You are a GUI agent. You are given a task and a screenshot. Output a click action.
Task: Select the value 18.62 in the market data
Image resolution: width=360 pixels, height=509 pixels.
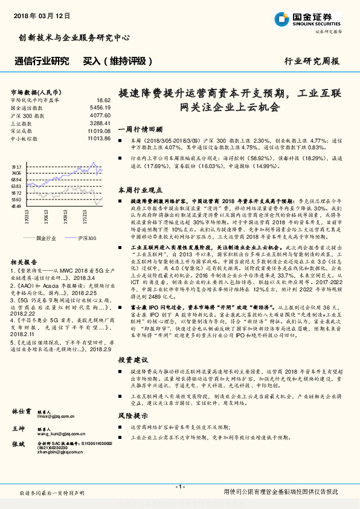click(x=103, y=100)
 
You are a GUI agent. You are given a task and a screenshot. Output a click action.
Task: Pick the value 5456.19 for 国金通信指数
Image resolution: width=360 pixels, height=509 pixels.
click(x=100, y=106)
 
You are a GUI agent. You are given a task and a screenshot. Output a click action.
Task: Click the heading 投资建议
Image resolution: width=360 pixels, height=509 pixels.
click(x=130, y=358)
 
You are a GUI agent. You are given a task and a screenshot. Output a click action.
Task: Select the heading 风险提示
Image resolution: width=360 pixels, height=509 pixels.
click(x=130, y=416)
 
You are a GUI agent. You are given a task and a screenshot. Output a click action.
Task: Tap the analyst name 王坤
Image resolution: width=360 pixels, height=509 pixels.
click(x=19, y=428)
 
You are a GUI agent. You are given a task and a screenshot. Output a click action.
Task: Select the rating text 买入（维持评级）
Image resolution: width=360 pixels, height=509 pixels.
click(x=115, y=61)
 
